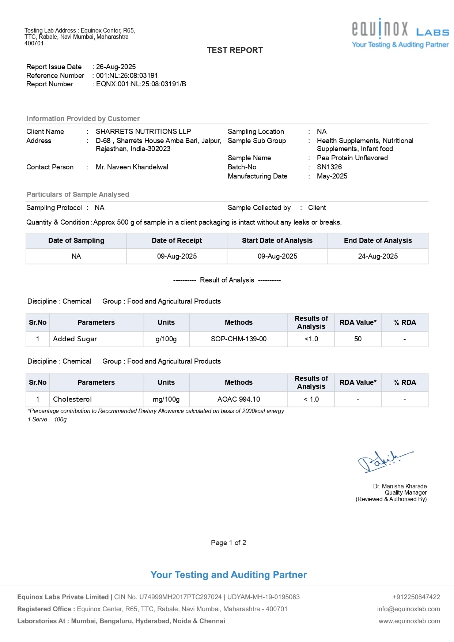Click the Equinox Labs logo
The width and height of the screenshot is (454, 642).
[x=400, y=33]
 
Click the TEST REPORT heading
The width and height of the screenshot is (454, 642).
[x=235, y=50]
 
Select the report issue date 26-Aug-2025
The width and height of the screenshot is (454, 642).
[x=116, y=67]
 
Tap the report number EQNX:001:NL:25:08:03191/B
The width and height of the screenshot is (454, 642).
[x=141, y=84]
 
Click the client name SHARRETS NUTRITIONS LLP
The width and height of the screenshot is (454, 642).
[x=143, y=132]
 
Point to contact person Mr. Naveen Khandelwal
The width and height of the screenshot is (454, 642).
[x=132, y=167]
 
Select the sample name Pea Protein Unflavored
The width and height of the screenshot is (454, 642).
[x=352, y=158]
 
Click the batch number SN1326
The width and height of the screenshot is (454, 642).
[x=329, y=167]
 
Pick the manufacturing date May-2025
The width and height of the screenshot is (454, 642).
[x=332, y=176]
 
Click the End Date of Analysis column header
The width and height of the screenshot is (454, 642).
[x=378, y=241]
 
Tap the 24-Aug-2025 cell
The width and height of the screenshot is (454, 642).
[x=378, y=256]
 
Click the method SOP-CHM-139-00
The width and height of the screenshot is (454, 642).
[x=239, y=339]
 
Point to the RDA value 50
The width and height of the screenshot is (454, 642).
[x=358, y=339]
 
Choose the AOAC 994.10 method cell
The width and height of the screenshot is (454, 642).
[x=239, y=399]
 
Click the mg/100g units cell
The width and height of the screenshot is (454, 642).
[x=166, y=399]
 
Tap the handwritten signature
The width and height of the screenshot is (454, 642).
[x=384, y=461]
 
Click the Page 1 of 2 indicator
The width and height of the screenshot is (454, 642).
[x=228, y=543]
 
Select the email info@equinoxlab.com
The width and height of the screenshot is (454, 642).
[x=408, y=609]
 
